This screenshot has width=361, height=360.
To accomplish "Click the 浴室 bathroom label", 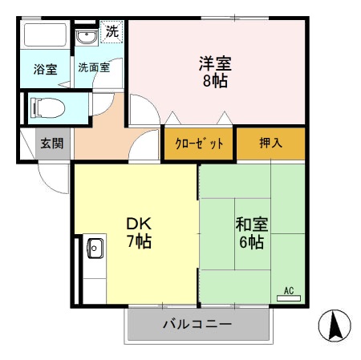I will coord(45,70).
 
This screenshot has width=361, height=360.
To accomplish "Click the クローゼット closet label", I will coord(199,144).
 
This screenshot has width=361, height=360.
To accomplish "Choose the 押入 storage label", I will coord(270,144).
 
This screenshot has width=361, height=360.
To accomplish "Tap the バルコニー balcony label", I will coord(197,325).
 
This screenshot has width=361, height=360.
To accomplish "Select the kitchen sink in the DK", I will coord(93,248).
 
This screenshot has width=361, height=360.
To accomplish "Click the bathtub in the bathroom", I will coord(45,37).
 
